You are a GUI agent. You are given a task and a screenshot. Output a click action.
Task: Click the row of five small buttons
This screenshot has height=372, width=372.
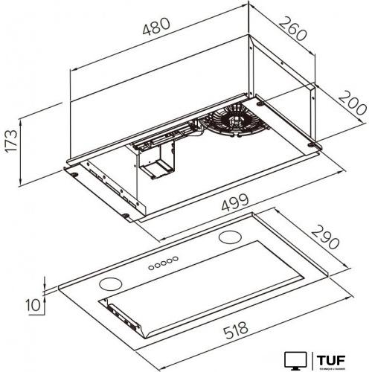click(x=161, y=263)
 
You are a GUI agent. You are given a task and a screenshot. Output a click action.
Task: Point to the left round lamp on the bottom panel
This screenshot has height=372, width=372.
click(x=112, y=282)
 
